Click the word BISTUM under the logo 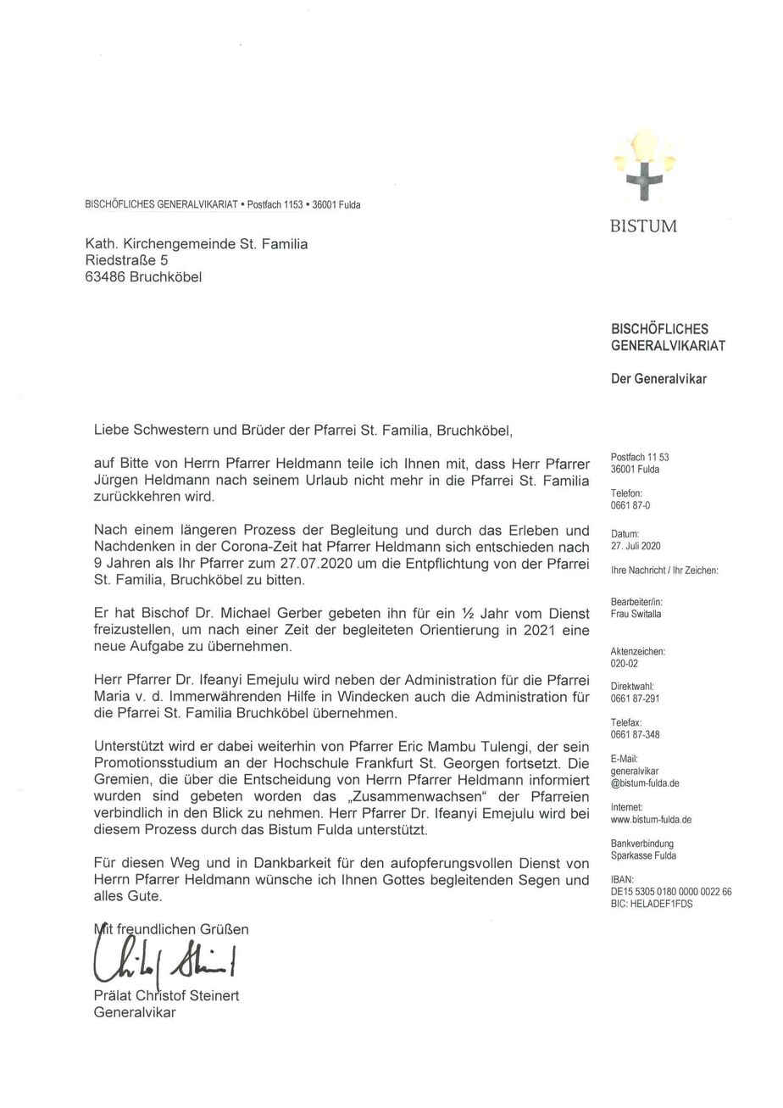coord(643,226)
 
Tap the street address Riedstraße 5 coord(126,260)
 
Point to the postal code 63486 coord(105,277)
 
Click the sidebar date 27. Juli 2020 coord(635,546)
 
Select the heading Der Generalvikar coord(658,379)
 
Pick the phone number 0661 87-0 coord(630,505)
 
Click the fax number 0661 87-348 coord(635,734)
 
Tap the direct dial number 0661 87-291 coord(635,699)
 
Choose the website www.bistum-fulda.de coord(651,820)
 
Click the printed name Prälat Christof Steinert coord(166,995)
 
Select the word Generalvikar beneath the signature coord(135,1012)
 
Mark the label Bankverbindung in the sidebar coord(641,844)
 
